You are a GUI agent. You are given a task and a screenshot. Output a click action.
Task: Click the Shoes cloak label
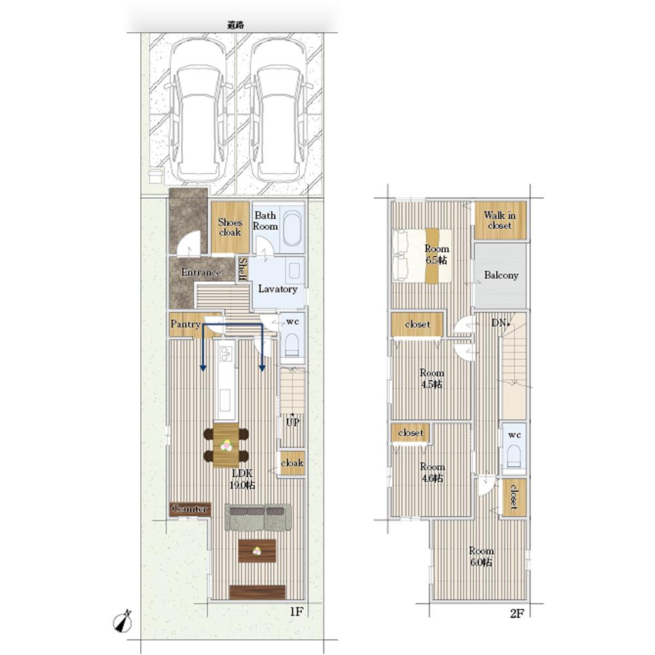click(x=230, y=227)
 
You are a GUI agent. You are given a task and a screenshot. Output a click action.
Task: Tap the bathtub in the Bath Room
click(x=291, y=228)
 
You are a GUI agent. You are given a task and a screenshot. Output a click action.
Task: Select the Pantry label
click(x=185, y=324)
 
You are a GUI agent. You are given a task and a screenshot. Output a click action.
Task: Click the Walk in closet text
click(x=500, y=220)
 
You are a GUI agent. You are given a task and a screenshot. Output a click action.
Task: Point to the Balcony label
click(x=501, y=275)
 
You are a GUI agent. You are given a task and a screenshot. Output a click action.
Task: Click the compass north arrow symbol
click(x=122, y=622)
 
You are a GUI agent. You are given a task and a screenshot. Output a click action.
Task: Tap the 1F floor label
click(x=296, y=612)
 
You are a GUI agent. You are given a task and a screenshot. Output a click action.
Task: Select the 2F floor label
click(x=517, y=613)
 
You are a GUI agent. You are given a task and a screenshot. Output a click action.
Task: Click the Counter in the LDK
click(x=190, y=509)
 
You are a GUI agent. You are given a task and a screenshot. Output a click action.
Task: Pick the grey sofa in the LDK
click(x=257, y=517)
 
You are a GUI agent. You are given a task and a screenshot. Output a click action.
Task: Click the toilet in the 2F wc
click(x=514, y=457)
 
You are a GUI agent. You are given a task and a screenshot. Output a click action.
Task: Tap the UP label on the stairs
click(x=292, y=422)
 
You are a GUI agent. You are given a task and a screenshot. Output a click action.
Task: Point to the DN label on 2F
click(x=499, y=322)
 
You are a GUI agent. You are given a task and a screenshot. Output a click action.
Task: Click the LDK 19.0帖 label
click(x=242, y=479)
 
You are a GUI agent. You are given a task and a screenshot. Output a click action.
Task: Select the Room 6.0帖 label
click(x=481, y=556)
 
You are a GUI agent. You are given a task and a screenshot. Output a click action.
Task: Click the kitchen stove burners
click(x=226, y=354)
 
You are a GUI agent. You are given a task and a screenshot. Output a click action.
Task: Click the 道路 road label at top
click(x=235, y=25)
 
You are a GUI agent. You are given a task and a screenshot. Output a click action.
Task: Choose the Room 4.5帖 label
click(x=432, y=379)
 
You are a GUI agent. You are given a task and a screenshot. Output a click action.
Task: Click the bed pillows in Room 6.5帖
click(x=400, y=255)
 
